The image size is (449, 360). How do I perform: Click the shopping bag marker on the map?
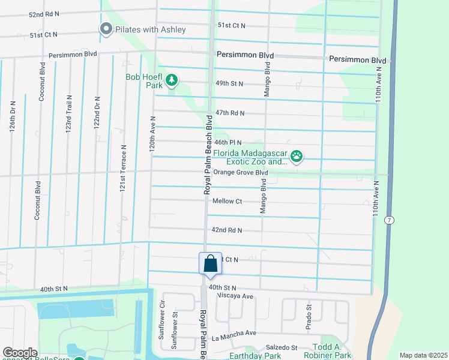210,264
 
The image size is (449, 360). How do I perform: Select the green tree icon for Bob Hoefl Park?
172,80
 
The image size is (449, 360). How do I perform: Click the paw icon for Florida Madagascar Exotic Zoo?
296,157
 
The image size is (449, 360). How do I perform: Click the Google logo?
20,353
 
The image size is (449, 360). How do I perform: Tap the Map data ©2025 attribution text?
423,355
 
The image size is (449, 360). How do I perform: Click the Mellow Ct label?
227,202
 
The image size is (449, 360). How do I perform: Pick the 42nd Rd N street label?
226,230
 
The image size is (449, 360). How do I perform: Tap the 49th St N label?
229,83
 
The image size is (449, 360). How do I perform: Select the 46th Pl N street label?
228,142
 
